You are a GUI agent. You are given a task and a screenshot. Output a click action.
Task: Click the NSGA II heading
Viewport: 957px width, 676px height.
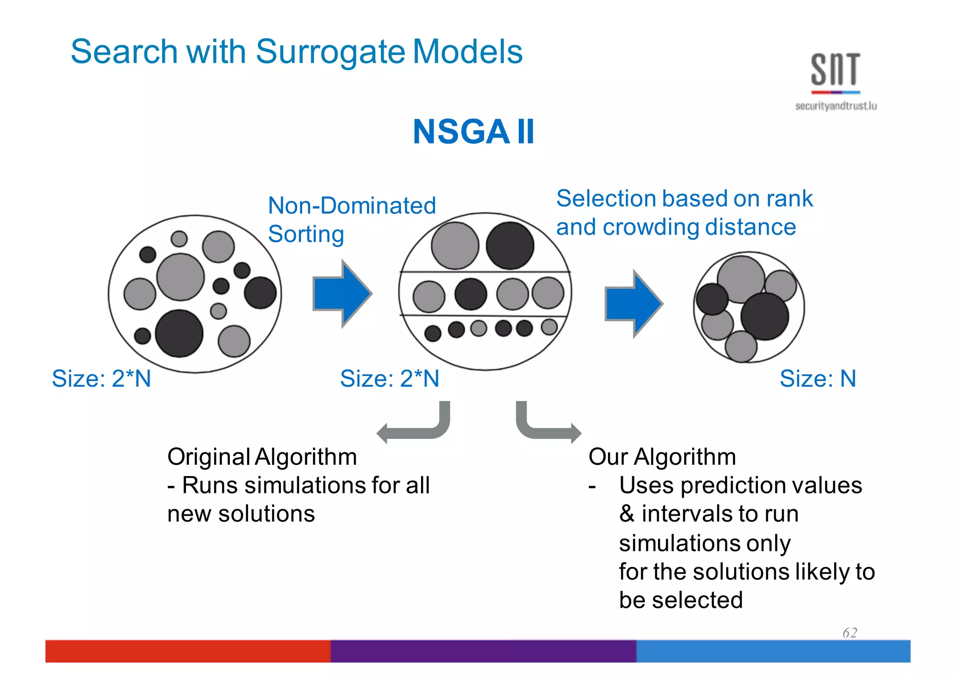pos(473,132)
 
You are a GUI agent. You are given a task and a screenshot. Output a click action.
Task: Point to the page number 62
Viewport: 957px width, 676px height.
pos(850,633)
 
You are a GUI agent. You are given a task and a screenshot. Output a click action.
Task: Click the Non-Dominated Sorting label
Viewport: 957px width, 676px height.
pos(351,219)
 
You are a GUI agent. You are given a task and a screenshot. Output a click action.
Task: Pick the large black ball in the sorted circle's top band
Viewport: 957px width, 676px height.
pos(510,246)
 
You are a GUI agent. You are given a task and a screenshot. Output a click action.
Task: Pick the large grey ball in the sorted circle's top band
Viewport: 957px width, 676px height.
pos(455,246)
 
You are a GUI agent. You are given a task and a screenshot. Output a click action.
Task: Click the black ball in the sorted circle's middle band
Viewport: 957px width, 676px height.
pos(471,294)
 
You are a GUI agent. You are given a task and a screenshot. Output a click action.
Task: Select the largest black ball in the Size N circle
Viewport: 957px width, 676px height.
pos(764,316)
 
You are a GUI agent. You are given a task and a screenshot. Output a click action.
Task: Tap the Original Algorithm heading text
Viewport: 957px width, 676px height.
pos(262,456)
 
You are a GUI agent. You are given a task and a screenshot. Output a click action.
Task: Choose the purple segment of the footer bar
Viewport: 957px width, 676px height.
pos(483,651)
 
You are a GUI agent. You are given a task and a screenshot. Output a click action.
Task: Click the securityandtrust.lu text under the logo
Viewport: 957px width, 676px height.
pos(836,106)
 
